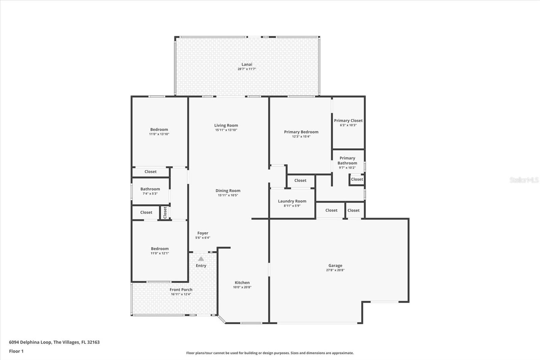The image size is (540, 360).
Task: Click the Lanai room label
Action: pyautogui.click(x=247, y=65)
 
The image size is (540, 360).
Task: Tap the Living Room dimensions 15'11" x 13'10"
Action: pyautogui.click(x=226, y=130)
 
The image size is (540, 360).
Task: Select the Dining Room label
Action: pyautogui.click(x=228, y=190)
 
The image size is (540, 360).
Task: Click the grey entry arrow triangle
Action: pyautogui.click(x=201, y=259)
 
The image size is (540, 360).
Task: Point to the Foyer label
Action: pyautogui.click(x=202, y=233)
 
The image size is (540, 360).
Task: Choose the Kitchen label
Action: pyautogui.click(x=242, y=283)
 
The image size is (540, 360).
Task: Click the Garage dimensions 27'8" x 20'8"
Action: pyautogui.click(x=335, y=270)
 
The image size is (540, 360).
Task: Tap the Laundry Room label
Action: pyautogui.click(x=292, y=201)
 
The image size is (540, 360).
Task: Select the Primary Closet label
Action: pyautogui.click(x=348, y=121)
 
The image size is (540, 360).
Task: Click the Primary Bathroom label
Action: pyautogui.click(x=347, y=160)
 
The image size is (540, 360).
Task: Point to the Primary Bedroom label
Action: pyautogui.click(x=301, y=132)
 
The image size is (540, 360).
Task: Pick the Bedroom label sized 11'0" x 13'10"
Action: pyautogui.click(x=159, y=129)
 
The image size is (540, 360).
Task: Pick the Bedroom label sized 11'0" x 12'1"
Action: pyautogui.click(x=160, y=249)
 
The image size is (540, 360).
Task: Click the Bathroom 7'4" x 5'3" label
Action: pyautogui.click(x=150, y=189)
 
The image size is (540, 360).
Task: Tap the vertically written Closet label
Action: pyautogui.click(x=165, y=213)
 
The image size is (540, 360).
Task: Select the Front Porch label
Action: pyautogui.click(x=181, y=289)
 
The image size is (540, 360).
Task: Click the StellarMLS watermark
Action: pyautogui.click(x=524, y=180)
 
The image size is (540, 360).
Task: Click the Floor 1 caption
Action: pyautogui.click(x=16, y=351)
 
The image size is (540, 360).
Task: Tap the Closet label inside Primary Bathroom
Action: pyautogui.click(x=357, y=179)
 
